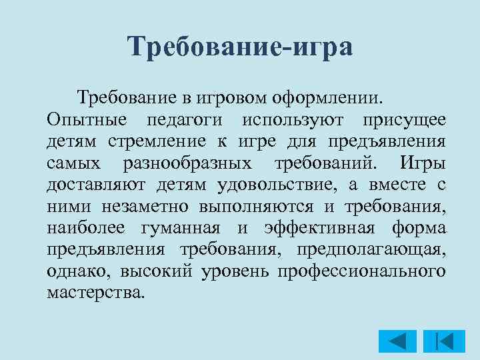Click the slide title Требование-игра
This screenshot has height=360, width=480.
(x=240, y=47)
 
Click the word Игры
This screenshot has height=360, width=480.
(x=423, y=163)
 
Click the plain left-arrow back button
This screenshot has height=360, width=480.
(x=397, y=341)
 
